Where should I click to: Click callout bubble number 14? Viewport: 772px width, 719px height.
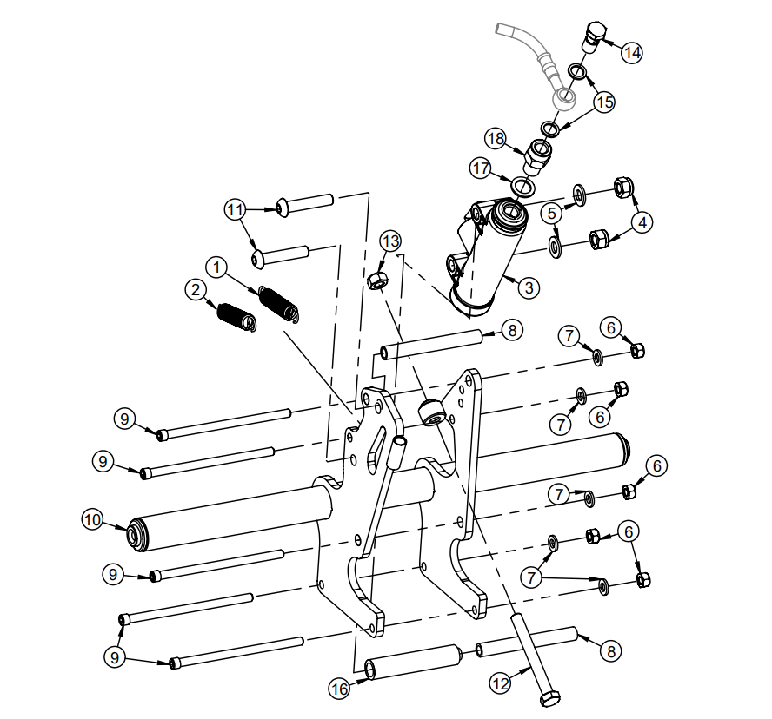coord(632,52)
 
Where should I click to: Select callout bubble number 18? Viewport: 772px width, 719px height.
coord(496,139)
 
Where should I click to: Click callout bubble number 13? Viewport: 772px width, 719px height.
coord(390,241)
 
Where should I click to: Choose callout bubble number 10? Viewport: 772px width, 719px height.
coord(92,519)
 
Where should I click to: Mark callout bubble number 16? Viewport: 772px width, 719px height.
coord(339,689)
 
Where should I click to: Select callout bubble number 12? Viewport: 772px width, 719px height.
coord(500,683)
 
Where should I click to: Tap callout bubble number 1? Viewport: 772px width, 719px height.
coord(216,264)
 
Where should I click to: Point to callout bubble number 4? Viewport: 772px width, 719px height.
coord(642,221)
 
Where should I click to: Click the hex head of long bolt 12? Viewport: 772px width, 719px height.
coord(549,698)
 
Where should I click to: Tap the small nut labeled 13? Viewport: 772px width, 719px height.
coord(378,280)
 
